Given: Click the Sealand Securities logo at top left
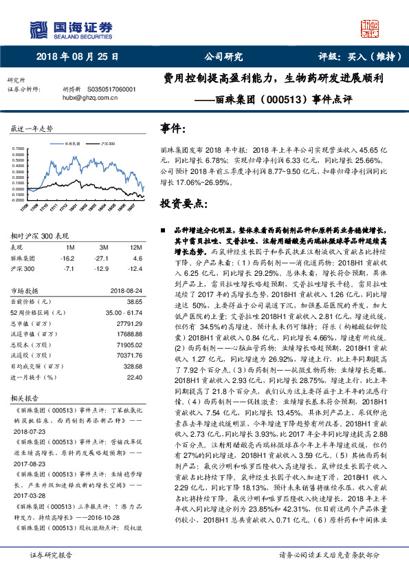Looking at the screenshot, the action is click(x=69, y=29).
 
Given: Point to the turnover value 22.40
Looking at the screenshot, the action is click(x=134, y=378).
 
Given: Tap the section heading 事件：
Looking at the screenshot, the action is click(x=172, y=129).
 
